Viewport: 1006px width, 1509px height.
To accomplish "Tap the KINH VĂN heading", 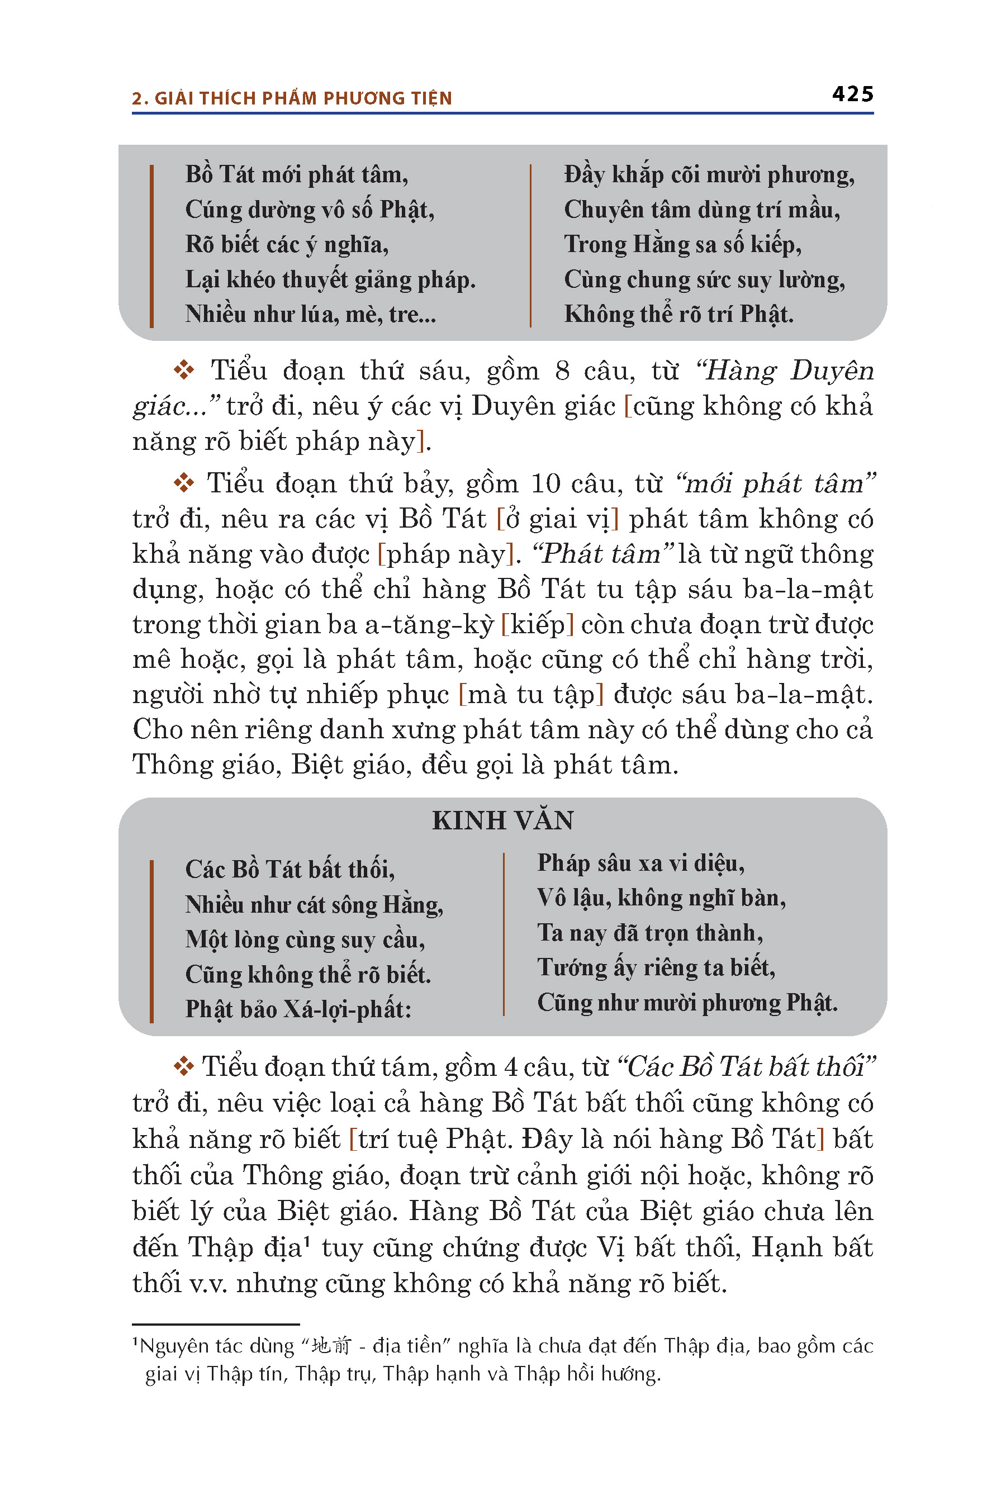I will tap(502, 820).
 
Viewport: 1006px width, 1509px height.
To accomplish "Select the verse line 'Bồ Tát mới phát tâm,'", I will tap(296, 174).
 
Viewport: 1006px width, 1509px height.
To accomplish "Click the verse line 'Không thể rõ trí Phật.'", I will tap(678, 314).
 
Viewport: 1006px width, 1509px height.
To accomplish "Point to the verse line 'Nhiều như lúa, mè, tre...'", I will tap(311, 314).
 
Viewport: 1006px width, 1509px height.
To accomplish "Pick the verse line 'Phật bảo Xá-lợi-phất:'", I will tap(298, 1009).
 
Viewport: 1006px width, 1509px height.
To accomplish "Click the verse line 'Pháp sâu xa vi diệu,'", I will tap(640, 863).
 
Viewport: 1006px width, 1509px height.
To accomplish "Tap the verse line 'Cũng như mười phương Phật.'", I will tap(687, 1002).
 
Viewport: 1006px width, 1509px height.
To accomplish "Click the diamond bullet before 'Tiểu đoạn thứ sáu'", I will tap(184, 369).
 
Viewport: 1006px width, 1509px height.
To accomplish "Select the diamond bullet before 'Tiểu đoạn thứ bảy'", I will tap(184, 482).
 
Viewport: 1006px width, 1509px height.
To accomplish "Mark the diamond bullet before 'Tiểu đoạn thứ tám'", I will tap(184, 1066).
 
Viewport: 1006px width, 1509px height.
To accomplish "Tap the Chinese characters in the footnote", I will tap(331, 1345).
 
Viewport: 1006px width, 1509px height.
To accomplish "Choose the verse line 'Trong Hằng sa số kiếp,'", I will tap(682, 244).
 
